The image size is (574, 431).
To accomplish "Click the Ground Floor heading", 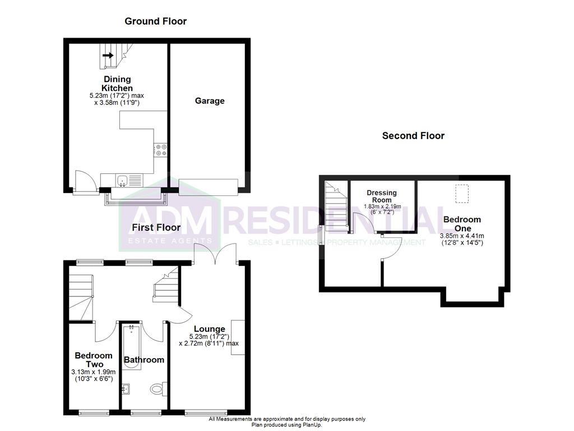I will click(155, 21).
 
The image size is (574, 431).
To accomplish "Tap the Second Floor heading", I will click(413, 136).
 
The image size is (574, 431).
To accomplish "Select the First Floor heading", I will click(156, 227).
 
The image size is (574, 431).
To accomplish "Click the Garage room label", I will click(210, 101).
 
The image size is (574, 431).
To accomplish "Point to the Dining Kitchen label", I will click(117, 84).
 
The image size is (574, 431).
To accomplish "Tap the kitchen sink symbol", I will click(122, 180).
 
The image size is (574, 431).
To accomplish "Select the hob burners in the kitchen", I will click(161, 149).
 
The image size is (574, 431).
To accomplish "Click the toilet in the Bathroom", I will click(158, 388).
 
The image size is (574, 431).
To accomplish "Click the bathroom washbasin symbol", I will click(125, 388).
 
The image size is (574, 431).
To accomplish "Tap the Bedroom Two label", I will click(94, 360).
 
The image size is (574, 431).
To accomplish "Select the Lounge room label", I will click(210, 329).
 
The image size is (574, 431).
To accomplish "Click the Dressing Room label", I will click(381, 196).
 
